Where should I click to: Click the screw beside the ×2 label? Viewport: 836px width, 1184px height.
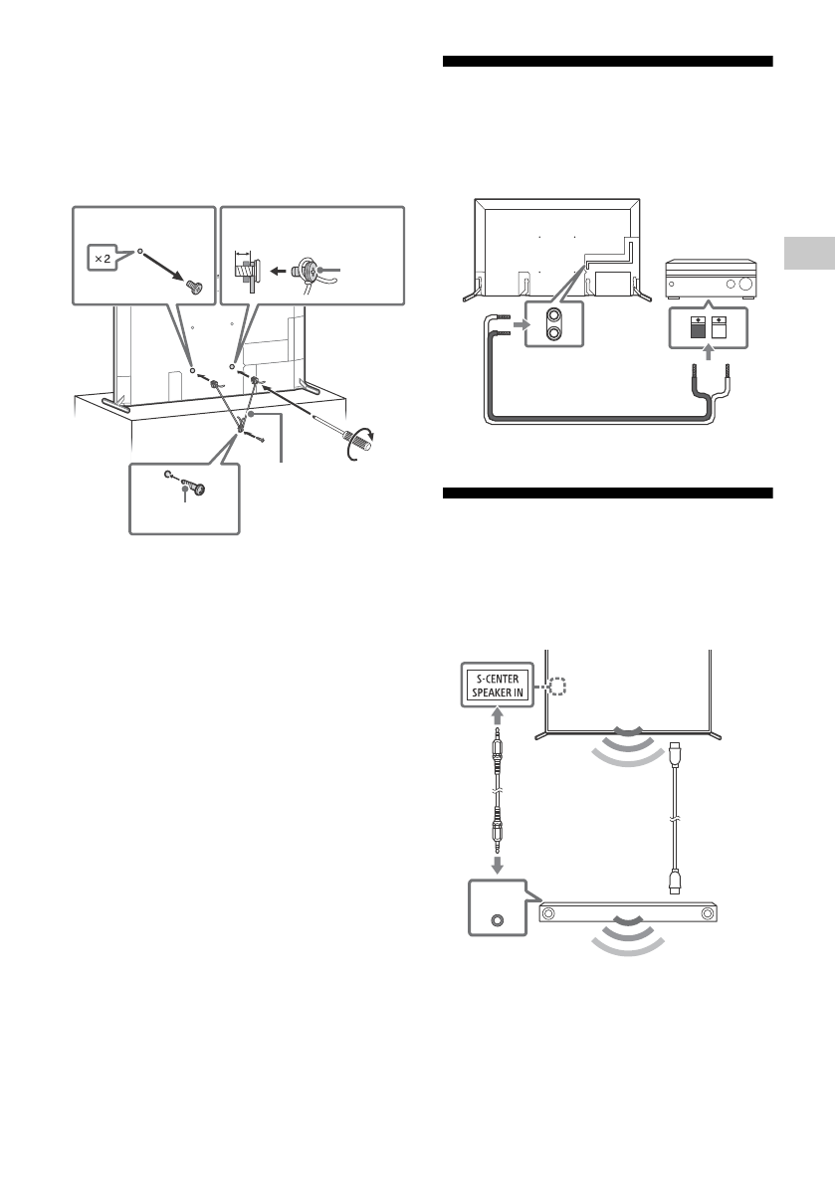(x=194, y=286)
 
